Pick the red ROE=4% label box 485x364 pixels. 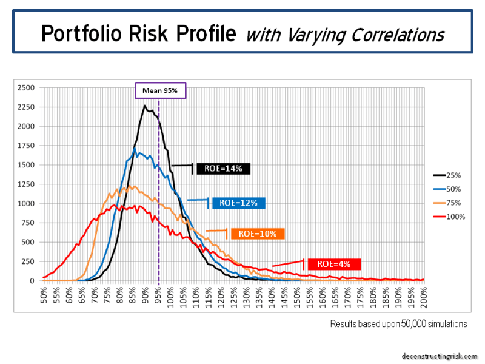(335, 264)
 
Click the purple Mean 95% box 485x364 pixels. (159, 92)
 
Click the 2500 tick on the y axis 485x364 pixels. (27, 88)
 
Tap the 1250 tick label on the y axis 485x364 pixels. (27, 184)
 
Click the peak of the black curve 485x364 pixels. (145, 106)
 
